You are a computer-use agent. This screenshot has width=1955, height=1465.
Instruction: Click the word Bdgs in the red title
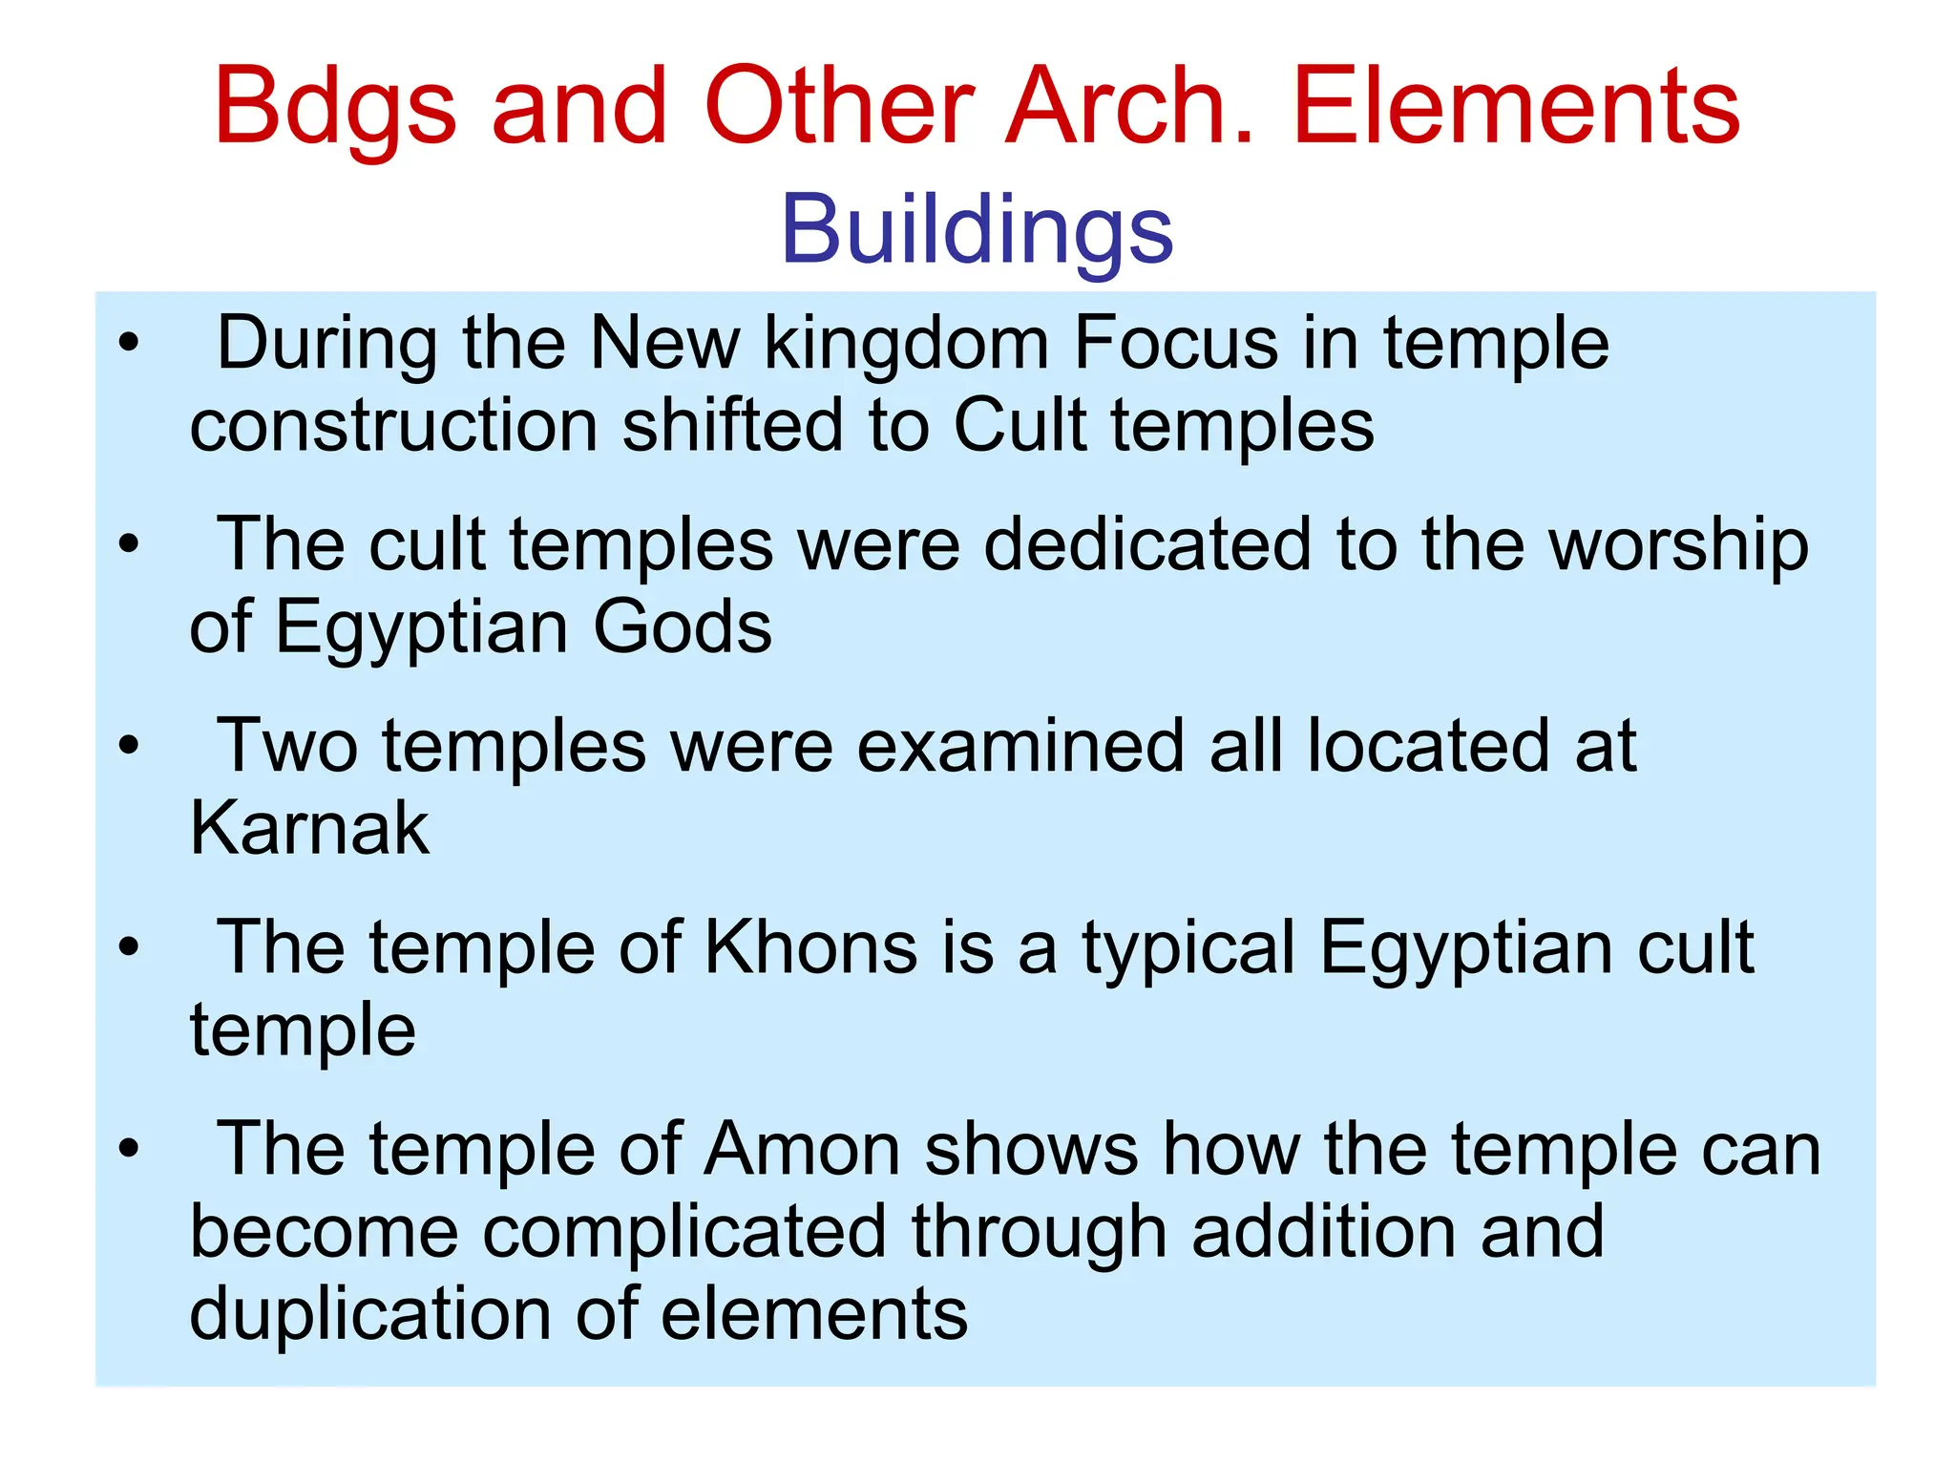(x=335, y=108)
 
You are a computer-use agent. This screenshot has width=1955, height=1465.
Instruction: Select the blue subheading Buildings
(x=977, y=230)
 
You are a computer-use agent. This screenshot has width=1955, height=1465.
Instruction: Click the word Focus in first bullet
(x=1175, y=343)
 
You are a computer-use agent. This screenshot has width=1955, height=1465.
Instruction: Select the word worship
(x=1678, y=546)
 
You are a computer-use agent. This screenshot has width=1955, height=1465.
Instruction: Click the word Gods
(x=682, y=627)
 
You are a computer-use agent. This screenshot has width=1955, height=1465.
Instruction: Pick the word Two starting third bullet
(x=287, y=746)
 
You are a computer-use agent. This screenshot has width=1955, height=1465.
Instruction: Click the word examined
(x=1020, y=746)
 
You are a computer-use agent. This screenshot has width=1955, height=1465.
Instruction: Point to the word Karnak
(x=309, y=828)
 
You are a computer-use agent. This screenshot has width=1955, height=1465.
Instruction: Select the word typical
(x=1188, y=949)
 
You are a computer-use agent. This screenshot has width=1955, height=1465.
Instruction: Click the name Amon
(x=802, y=1149)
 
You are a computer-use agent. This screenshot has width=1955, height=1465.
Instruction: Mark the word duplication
(x=369, y=1315)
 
